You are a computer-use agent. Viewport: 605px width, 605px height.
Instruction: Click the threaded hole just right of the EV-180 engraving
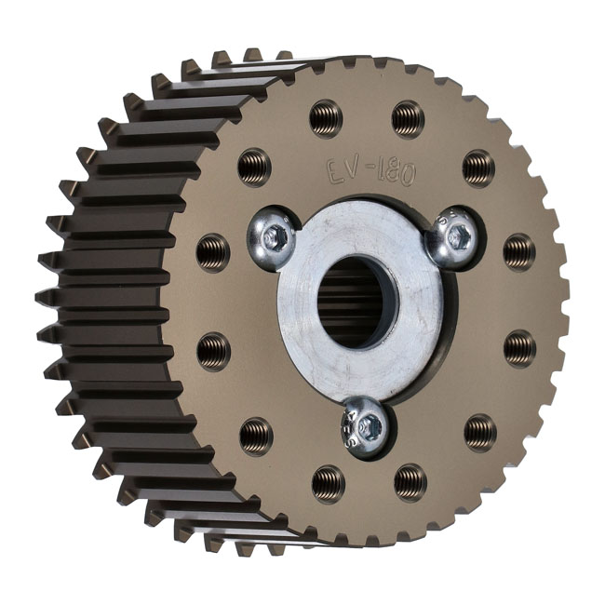tap(478, 168)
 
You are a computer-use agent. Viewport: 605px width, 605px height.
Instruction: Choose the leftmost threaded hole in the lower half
tap(213, 350)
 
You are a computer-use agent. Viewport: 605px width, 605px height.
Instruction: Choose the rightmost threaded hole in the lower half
tap(519, 348)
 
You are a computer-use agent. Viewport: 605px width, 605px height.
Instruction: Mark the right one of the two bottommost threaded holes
tap(410, 480)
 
